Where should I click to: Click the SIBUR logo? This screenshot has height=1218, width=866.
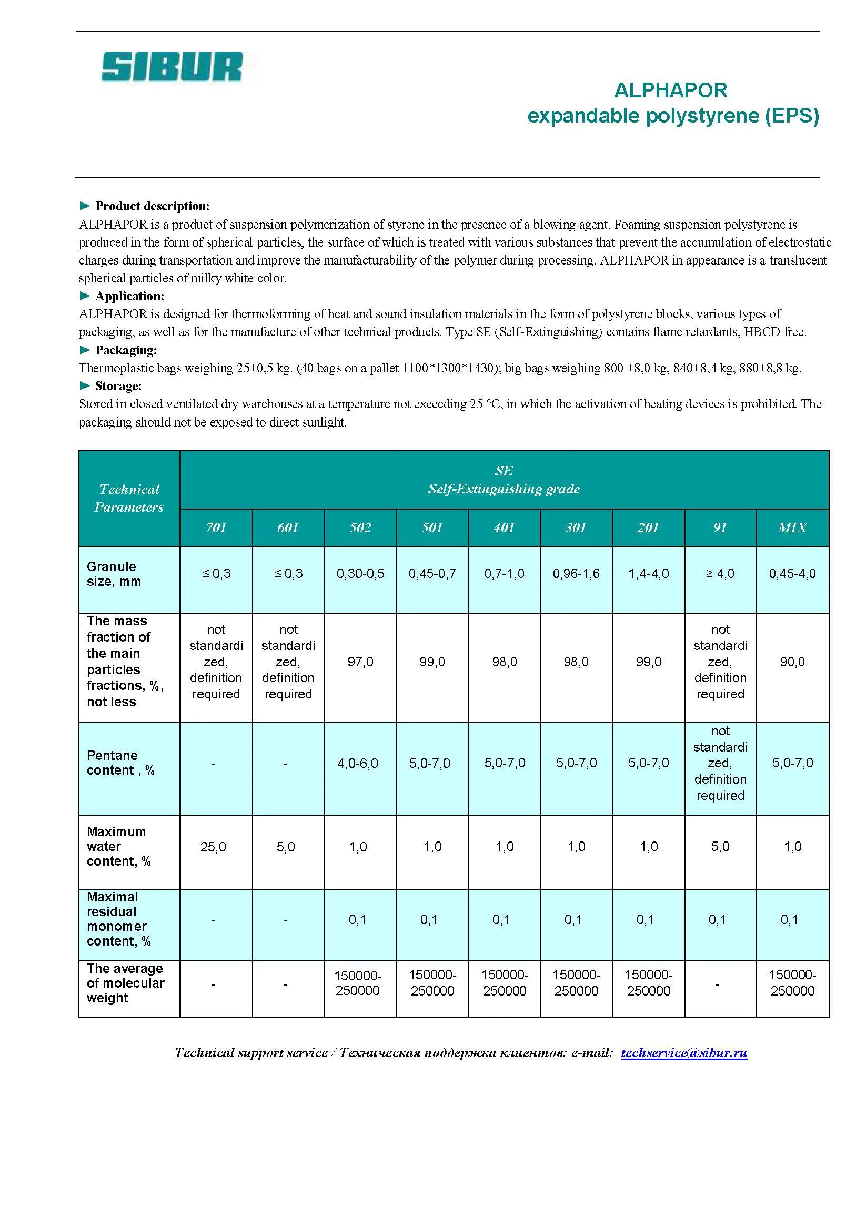(x=172, y=67)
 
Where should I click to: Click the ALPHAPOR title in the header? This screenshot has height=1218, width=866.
(x=670, y=90)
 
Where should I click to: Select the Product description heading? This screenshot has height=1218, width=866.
(x=152, y=206)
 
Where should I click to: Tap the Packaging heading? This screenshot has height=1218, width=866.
(x=126, y=350)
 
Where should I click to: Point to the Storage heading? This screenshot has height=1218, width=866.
(x=118, y=386)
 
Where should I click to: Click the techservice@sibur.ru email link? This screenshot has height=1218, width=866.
(x=683, y=1053)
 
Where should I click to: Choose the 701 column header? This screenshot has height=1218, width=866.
(x=216, y=527)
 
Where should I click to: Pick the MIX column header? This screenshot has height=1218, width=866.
(x=792, y=527)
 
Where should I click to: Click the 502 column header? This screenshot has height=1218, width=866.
(x=360, y=527)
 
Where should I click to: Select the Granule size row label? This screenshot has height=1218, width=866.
(x=114, y=574)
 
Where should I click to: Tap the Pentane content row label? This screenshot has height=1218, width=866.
(x=120, y=763)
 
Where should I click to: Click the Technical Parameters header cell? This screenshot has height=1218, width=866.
(x=129, y=499)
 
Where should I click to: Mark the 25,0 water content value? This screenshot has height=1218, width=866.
(x=213, y=847)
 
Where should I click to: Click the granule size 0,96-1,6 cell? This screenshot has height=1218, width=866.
(x=576, y=574)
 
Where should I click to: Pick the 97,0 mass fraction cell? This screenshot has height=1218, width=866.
(x=360, y=662)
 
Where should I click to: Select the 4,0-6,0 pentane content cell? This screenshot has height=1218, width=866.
(x=357, y=763)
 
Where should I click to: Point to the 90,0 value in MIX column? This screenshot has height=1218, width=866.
(x=792, y=662)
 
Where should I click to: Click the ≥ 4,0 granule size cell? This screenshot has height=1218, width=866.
(x=720, y=574)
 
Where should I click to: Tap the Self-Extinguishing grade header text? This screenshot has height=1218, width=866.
(x=504, y=489)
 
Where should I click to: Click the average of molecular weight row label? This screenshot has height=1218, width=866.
(x=125, y=983)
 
